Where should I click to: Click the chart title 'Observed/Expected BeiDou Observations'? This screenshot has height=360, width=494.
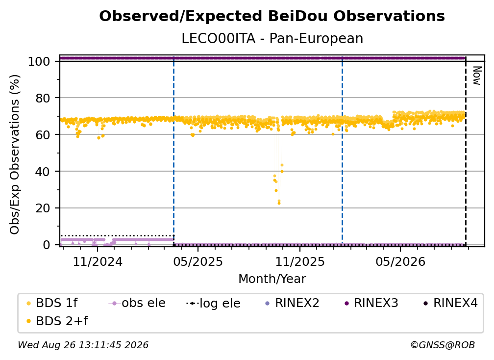pos(272,16)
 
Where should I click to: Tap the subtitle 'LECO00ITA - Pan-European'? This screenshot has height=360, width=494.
pos(272,38)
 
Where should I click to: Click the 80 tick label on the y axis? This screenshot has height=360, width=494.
pos(43,99)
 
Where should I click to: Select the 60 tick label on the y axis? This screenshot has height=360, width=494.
pos(43,135)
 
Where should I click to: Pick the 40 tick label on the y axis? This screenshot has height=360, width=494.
pos(43,172)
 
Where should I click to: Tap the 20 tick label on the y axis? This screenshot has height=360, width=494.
pos(43,208)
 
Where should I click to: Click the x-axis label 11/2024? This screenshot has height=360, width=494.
pos(98,261)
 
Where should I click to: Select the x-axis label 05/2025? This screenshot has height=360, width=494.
pos(198,261)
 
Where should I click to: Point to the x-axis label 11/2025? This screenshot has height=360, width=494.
pos(300,261)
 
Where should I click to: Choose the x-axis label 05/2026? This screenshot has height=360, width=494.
pos(400,261)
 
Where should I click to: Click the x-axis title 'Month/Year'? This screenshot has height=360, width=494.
pos(272,279)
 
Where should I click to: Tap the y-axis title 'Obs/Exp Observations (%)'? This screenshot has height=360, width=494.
pos(15,154)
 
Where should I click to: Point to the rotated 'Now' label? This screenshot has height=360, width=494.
pos(477,76)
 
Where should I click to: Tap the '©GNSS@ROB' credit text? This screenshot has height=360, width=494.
pos(443,345)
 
